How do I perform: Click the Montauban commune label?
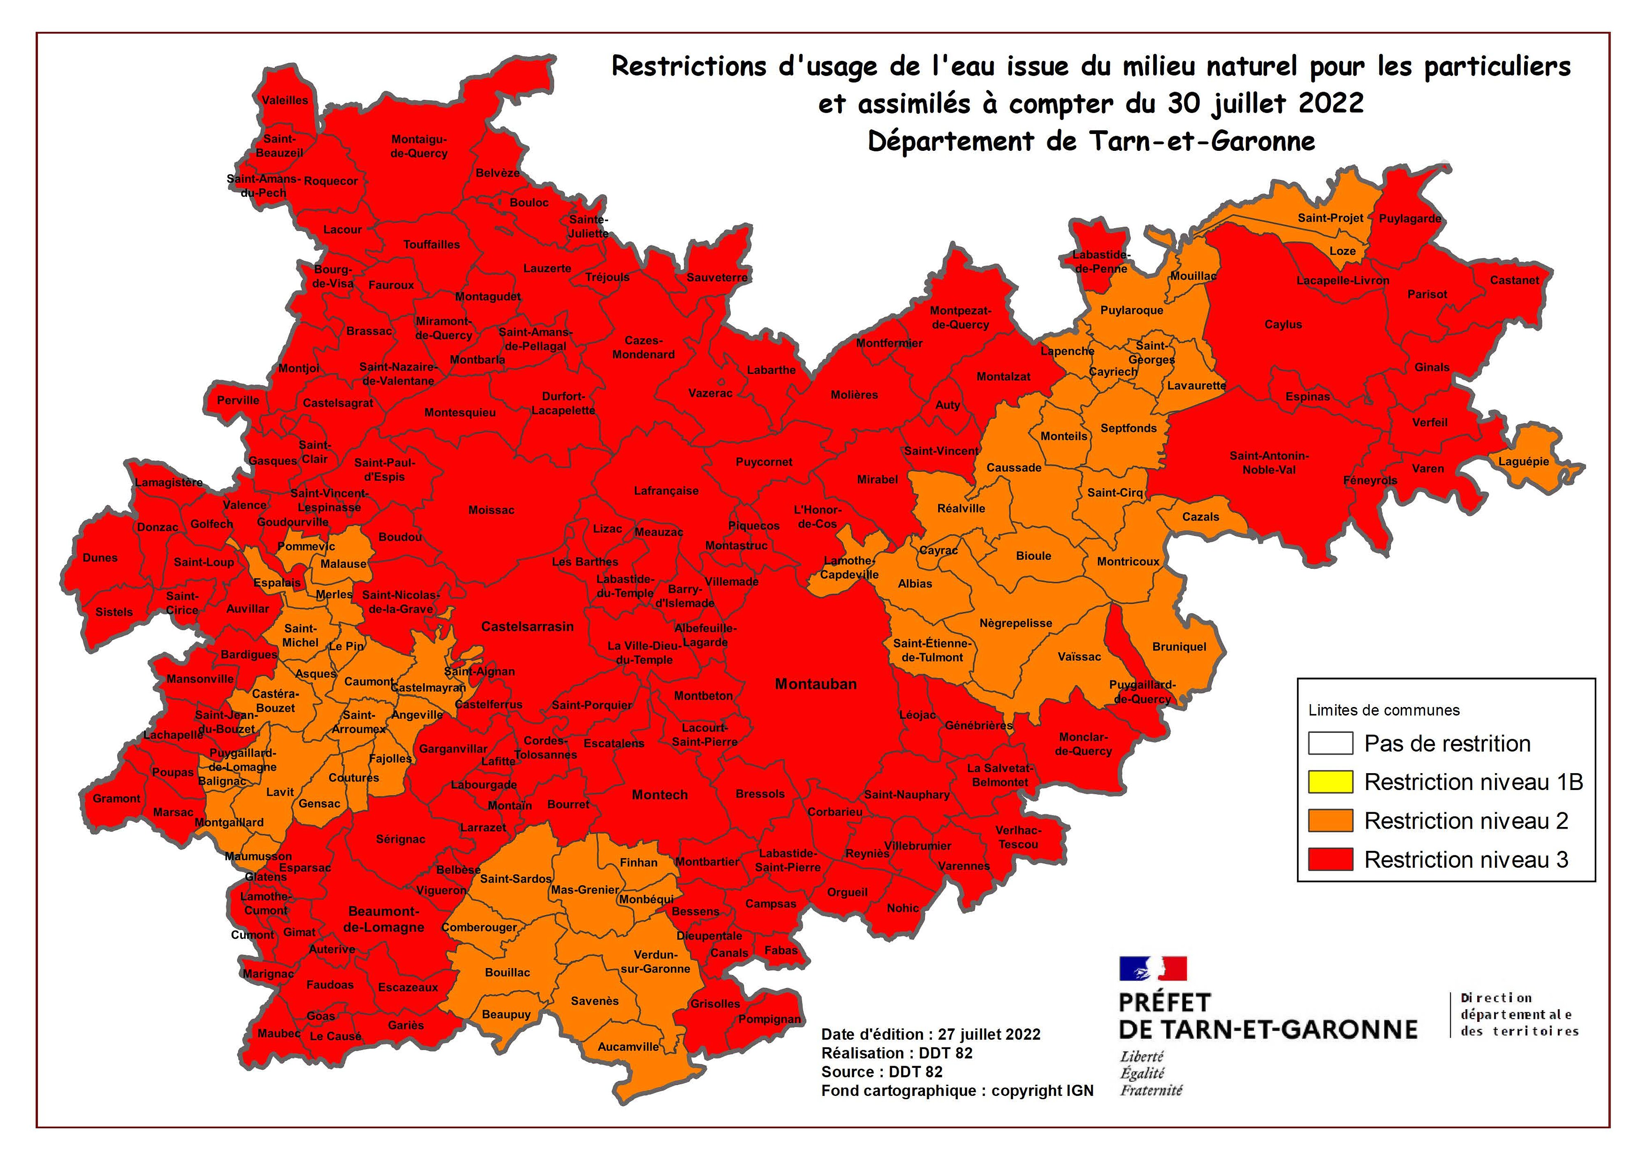click(816, 684)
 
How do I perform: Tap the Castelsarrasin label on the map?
click(527, 626)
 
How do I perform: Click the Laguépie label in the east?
click(1523, 461)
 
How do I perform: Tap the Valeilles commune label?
click(285, 100)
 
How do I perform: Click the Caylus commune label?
click(1282, 324)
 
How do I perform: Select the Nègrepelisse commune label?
click(1015, 623)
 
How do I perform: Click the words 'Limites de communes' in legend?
click(1383, 710)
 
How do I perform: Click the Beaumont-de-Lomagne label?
click(384, 919)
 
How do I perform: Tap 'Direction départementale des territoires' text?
click(1519, 1014)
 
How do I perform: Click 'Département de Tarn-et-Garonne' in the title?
click(1091, 141)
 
